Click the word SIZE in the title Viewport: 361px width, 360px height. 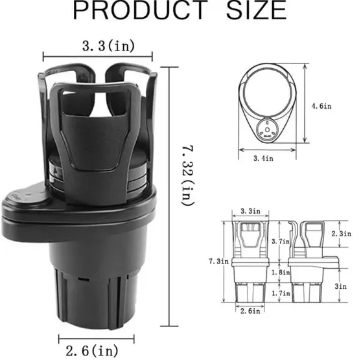[257, 10]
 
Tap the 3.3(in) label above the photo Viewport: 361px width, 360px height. [108, 46]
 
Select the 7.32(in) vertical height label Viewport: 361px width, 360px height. [188, 175]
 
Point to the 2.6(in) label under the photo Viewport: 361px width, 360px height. [92, 351]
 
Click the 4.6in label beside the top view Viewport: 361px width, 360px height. [321, 106]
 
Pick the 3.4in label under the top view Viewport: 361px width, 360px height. [263, 158]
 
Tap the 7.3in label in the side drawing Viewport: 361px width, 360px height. [218, 262]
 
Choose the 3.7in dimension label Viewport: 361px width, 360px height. [281, 242]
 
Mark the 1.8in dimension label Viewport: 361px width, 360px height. [281, 273]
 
